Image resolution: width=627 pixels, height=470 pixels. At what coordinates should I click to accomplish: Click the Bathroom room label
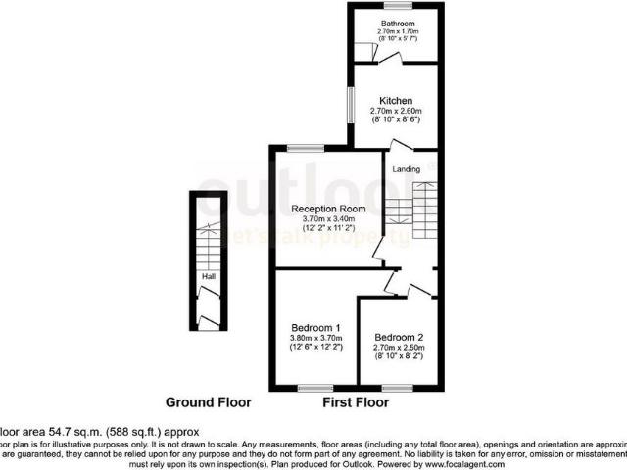[399, 23]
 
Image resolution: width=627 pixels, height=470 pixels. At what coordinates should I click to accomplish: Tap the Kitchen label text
[397, 101]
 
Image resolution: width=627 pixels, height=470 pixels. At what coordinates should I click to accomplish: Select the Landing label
[407, 168]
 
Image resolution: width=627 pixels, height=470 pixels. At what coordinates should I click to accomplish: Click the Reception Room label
[328, 209]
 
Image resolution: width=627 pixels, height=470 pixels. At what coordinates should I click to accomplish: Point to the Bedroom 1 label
[315, 327]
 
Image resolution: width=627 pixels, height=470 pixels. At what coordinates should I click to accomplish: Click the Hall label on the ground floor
[208, 277]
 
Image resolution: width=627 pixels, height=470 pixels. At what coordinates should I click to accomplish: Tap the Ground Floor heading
[208, 402]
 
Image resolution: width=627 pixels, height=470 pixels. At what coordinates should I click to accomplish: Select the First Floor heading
[356, 402]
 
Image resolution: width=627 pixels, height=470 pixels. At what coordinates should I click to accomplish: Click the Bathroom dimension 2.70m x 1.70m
[399, 31]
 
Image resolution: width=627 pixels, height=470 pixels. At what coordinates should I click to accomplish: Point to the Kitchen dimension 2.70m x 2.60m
[397, 111]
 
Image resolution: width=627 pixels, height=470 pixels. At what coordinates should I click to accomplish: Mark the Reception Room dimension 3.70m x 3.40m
[328, 218]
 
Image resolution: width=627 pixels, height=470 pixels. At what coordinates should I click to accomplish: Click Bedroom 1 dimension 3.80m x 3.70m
[315, 338]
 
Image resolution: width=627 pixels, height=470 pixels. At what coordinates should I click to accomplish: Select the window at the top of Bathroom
[397, 6]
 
